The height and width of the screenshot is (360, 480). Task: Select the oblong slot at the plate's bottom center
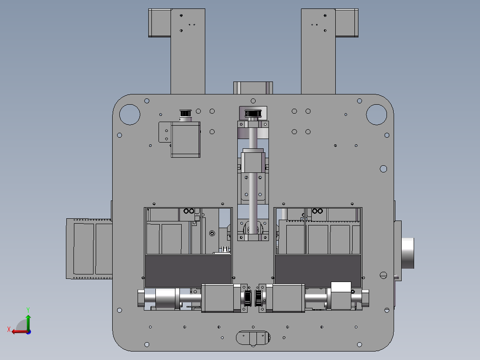point(253,338)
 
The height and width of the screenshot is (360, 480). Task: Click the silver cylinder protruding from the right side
point(407,253)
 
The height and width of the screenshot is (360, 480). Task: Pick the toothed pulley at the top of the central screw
point(253,114)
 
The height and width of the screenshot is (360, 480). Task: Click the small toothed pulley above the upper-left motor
point(185,113)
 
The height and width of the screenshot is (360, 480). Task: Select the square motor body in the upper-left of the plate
point(186,140)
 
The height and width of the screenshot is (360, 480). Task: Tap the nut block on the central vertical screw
point(253,160)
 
